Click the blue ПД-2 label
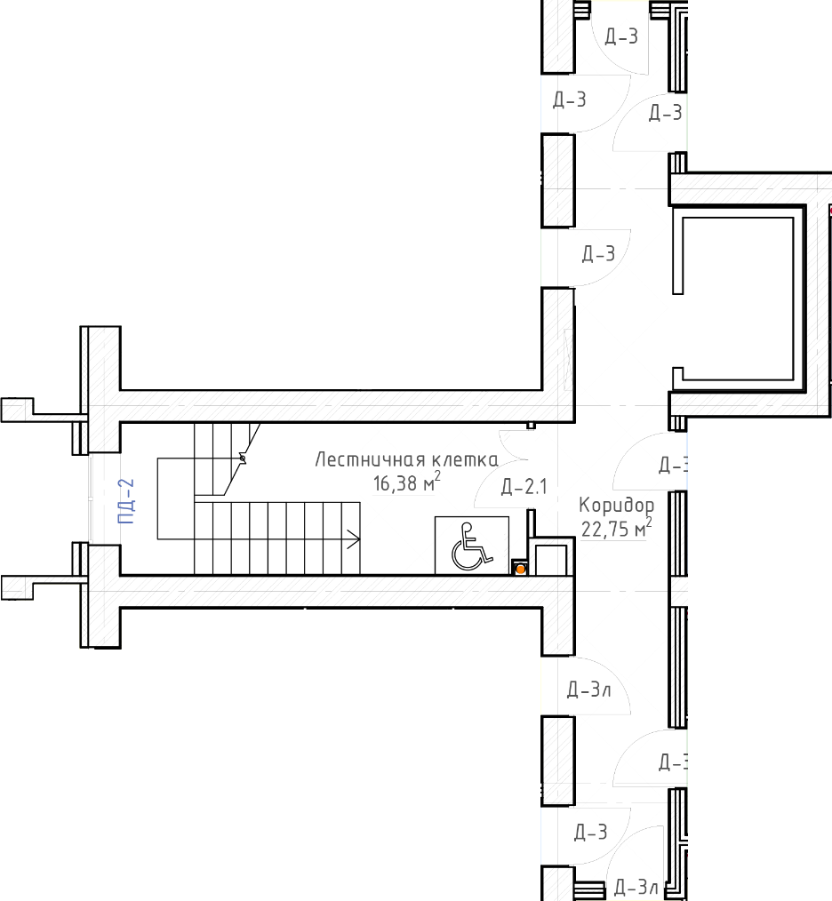pos(126,501)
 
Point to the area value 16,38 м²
pos(406,482)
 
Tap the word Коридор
pos(616,506)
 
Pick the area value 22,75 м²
pos(616,528)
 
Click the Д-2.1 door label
pos(524,487)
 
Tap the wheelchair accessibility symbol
pos(472,546)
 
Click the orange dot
pos(520,569)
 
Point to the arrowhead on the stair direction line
pos(355,539)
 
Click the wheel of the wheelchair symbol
pos(465,557)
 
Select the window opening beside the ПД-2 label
pos(90,498)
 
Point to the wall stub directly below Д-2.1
pos(532,523)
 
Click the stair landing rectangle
pos(175,498)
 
